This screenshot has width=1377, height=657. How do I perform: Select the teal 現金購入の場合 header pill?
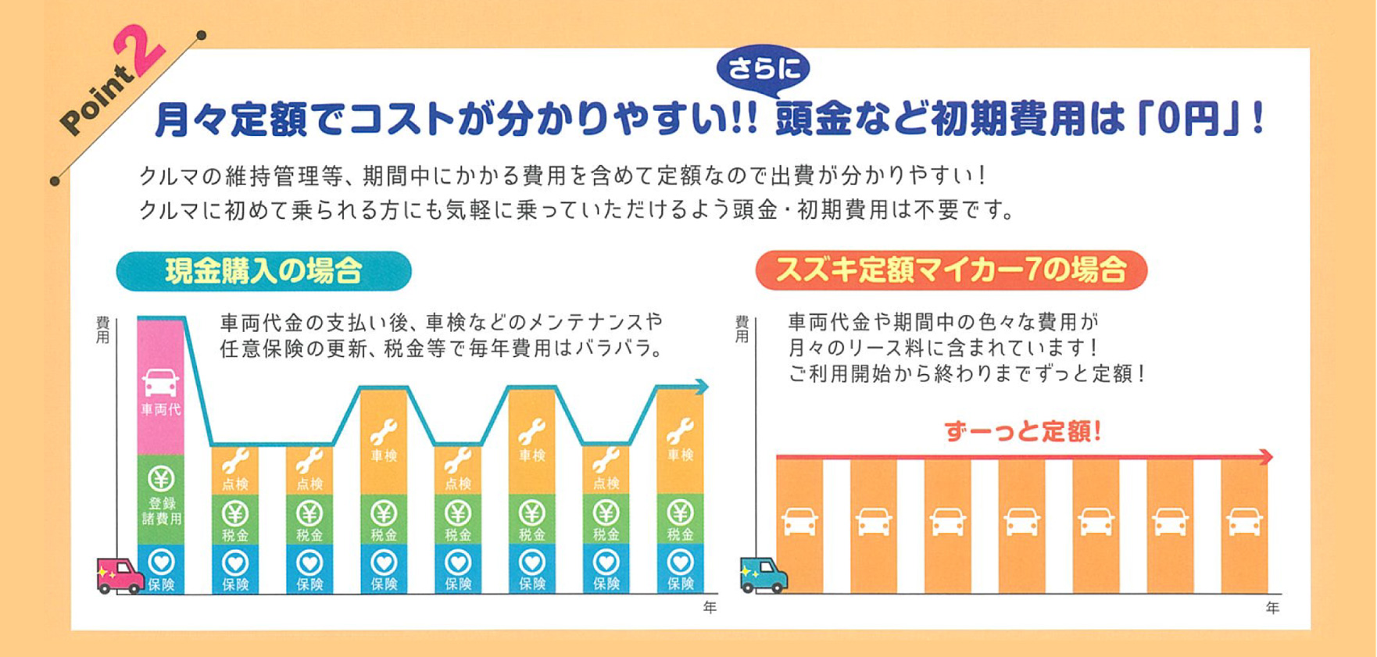pyautogui.click(x=263, y=271)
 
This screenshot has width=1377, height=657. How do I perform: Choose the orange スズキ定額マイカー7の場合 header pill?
pyautogui.click(x=951, y=270)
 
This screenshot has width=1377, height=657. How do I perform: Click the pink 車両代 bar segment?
pyautogui.click(x=161, y=387)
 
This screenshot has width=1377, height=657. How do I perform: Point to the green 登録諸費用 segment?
pyautogui.click(x=161, y=500)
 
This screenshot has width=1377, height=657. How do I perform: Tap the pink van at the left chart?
pyautogui.click(x=119, y=576)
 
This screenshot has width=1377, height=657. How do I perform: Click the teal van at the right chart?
pyautogui.click(x=763, y=576)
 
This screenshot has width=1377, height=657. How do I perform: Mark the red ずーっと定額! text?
pyautogui.click(x=1023, y=430)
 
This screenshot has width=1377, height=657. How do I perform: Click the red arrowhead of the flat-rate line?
pyautogui.click(x=1267, y=457)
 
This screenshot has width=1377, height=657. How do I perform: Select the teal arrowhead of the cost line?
pyautogui.click(x=702, y=387)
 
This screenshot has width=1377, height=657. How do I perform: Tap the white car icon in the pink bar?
pyautogui.click(x=160, y=382)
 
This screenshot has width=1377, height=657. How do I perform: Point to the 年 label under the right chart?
pyautogui.click(x=1272, y=608)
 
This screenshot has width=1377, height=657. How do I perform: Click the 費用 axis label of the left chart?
pyautogui.click(x=102, y=330)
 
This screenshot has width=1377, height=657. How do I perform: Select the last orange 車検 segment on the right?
pyautogui.click(x=680, y=441)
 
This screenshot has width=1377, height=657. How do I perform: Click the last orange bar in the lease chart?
pyautogui.click(x=1243, y=525)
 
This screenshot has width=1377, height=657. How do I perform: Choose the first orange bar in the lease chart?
pyautogui.click(x=799, y=525)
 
